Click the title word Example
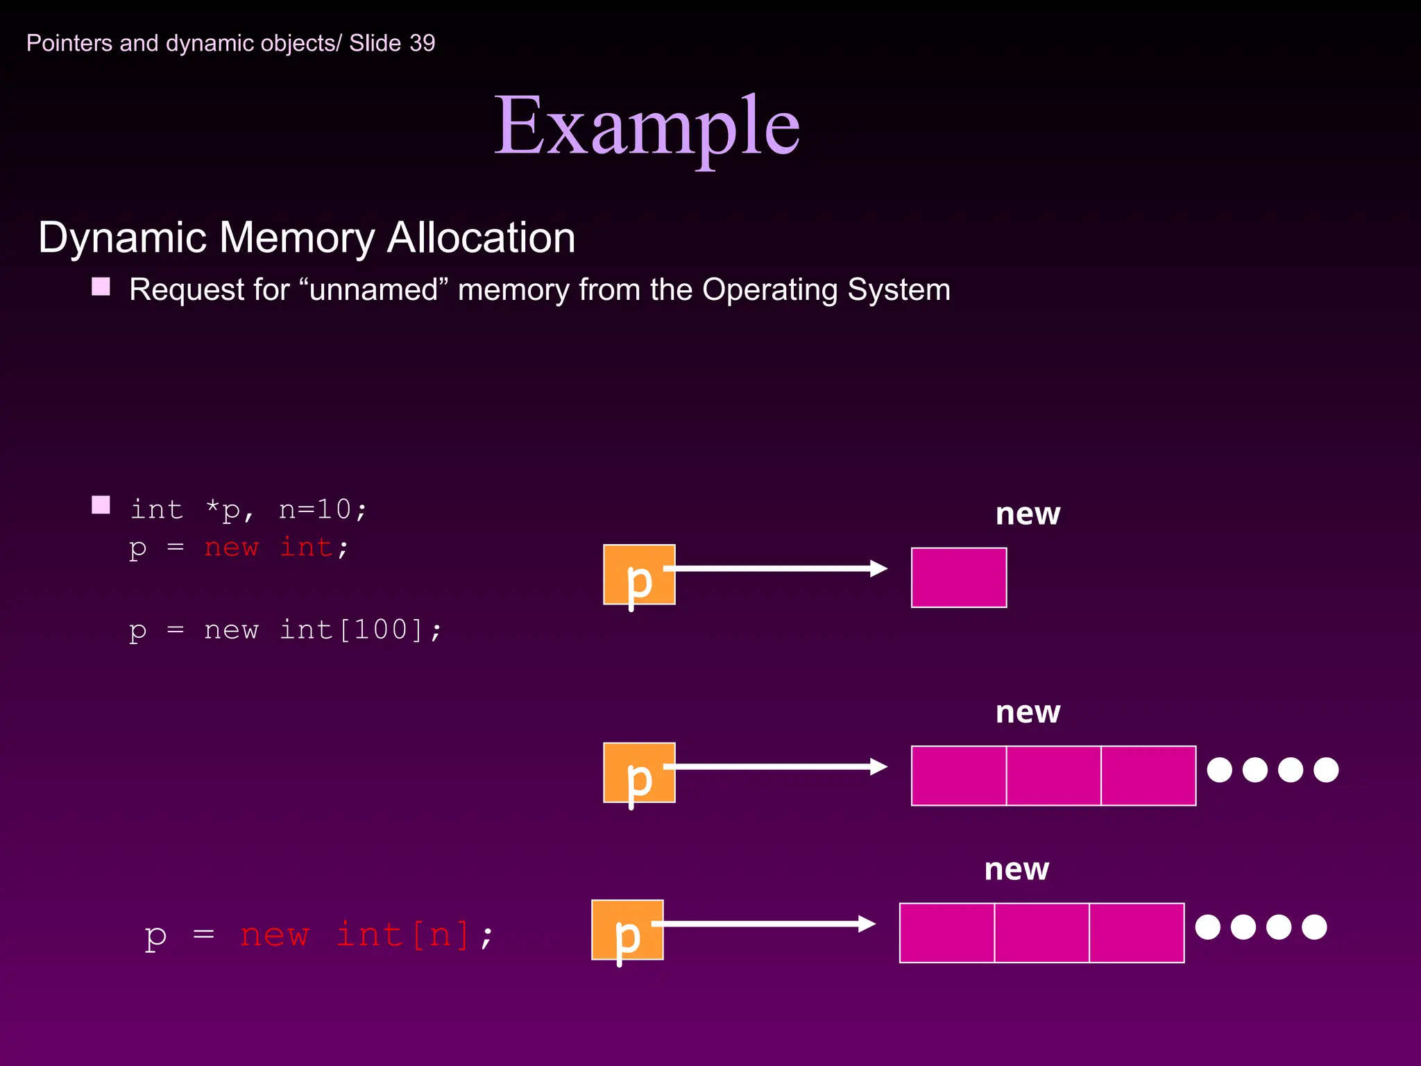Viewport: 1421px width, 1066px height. pos(647,127)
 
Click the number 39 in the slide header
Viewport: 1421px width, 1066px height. pos(422,43)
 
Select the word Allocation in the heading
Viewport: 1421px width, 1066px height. pos(481,238)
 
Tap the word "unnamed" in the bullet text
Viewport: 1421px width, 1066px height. pos(374,290)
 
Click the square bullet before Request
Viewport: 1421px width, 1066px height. pos(101,287)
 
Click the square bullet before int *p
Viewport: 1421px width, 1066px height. pos(101,505)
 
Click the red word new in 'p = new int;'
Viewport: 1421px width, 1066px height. pos(231,548)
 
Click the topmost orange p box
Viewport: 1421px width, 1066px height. pos(639,575)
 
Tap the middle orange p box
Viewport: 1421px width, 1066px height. pos(639,772)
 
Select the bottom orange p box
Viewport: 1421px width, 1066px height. pos(627,930)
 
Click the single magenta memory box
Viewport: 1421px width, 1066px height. pos(959,577)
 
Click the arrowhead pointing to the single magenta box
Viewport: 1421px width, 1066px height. pos(879,568)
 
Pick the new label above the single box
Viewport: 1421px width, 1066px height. pos(1028,514)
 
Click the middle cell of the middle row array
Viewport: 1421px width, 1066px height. pos(1053,775)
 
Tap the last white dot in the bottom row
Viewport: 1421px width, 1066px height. pos(1314,927)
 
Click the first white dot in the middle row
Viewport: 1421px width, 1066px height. pos(1220,770)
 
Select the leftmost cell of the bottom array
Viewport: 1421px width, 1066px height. pos(947,933)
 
